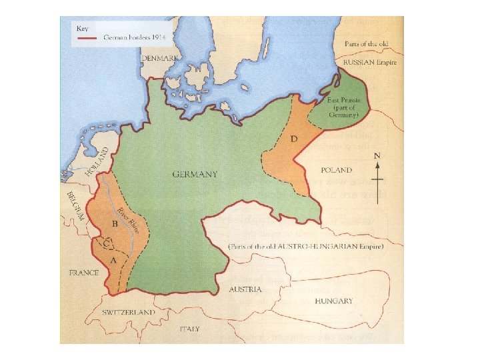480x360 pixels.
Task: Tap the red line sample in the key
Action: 89,39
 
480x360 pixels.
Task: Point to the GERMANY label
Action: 195,175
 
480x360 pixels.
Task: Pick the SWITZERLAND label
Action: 129,312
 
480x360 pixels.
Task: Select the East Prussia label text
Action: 343,107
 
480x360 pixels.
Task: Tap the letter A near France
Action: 113,261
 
